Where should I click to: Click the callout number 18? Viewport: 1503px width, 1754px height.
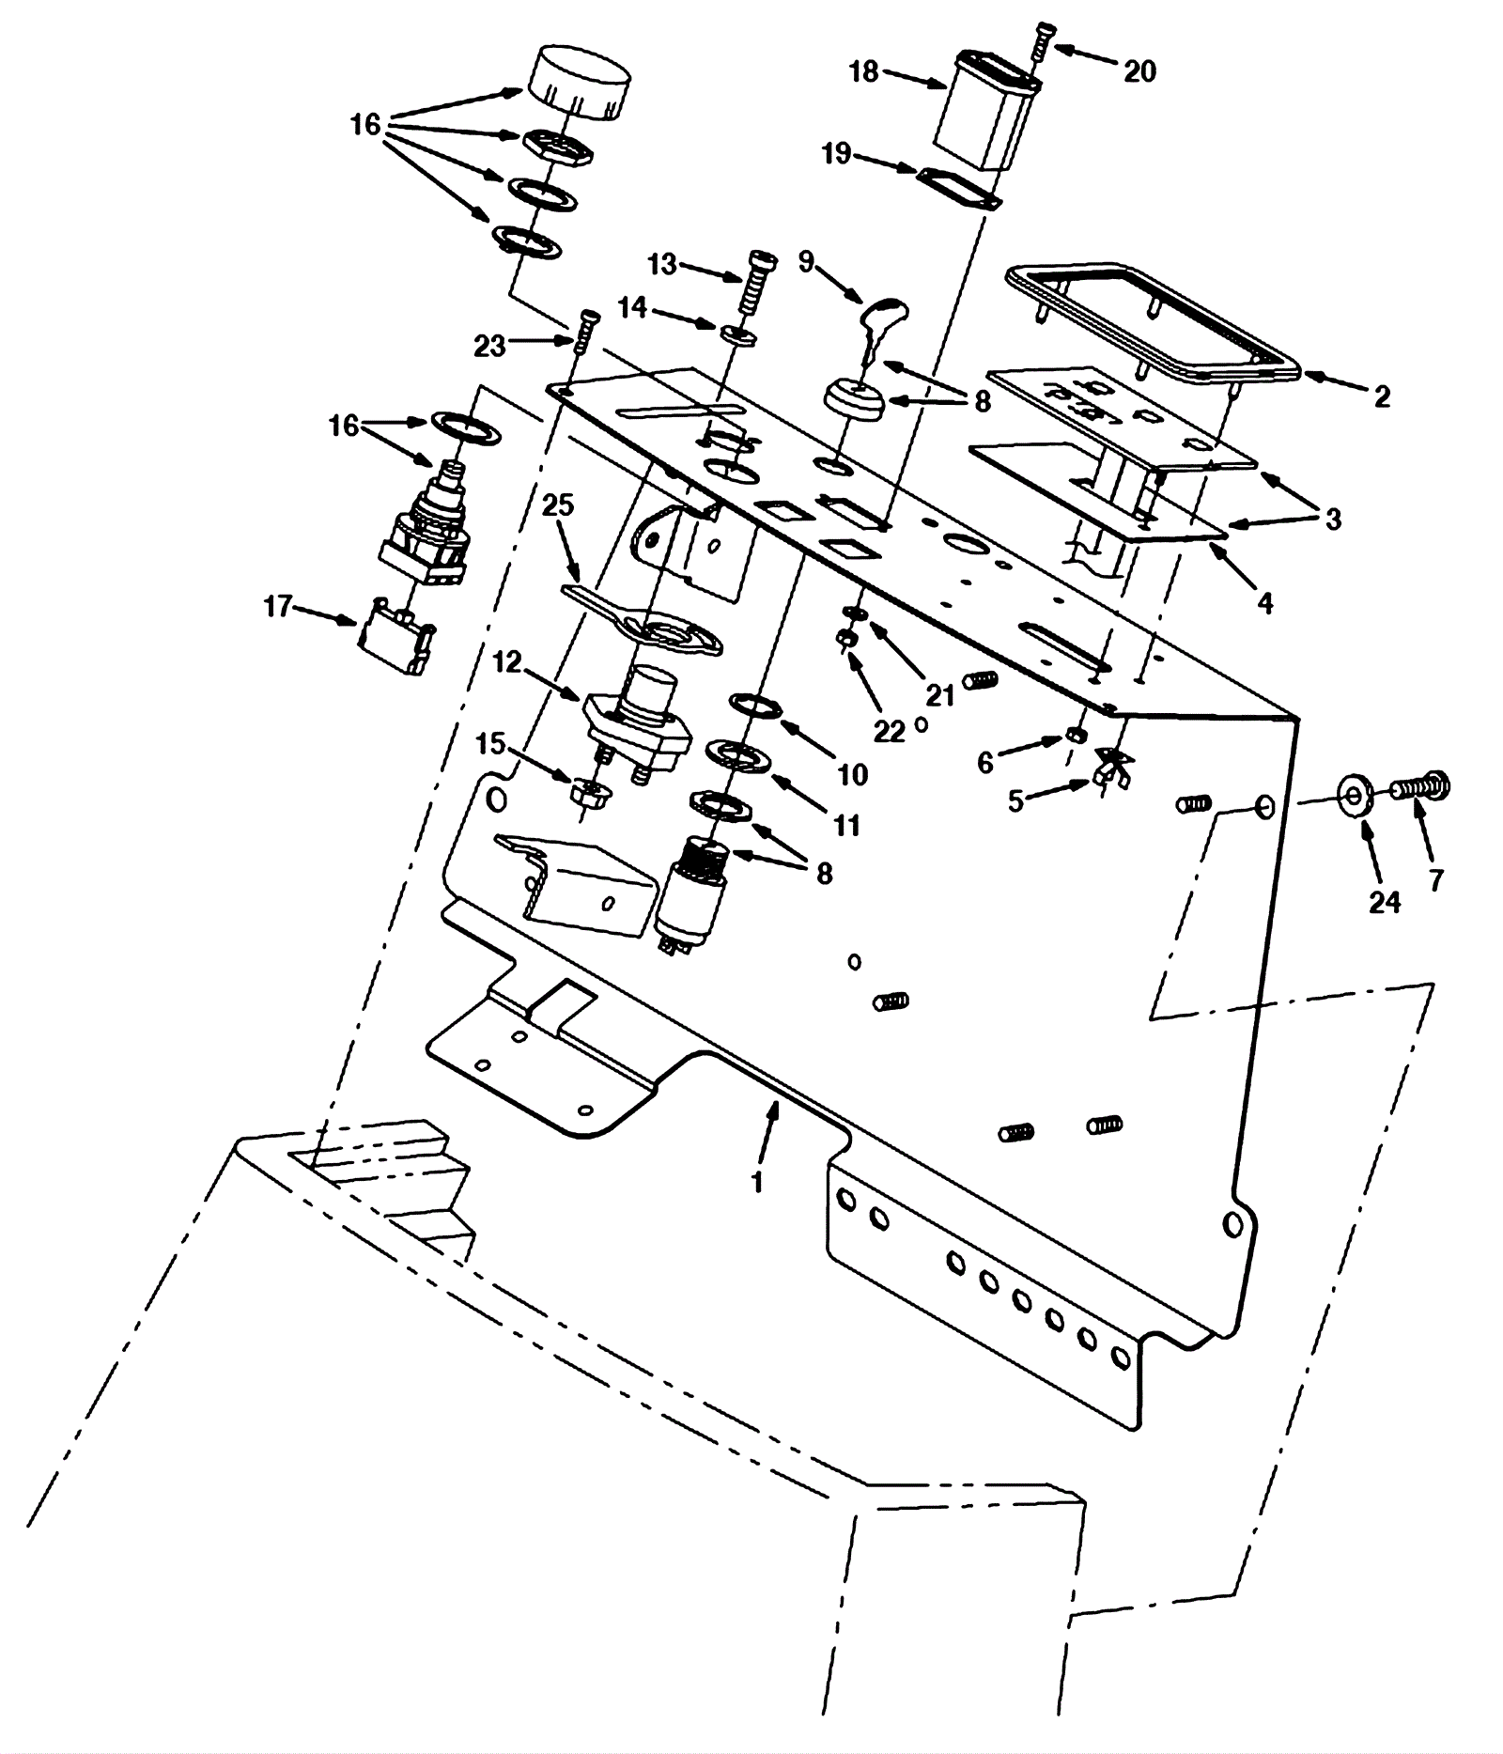[x=862, y=71]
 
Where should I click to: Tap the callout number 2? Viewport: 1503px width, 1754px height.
[x=1381, y=396]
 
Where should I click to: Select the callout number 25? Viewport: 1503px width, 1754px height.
[x=558, y=506]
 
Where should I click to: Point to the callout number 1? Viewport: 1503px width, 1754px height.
[x=757, y=1181]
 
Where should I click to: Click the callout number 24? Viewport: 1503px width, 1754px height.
[x=1385, y=902]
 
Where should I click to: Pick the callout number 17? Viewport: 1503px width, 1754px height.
[x=278, y=607]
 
